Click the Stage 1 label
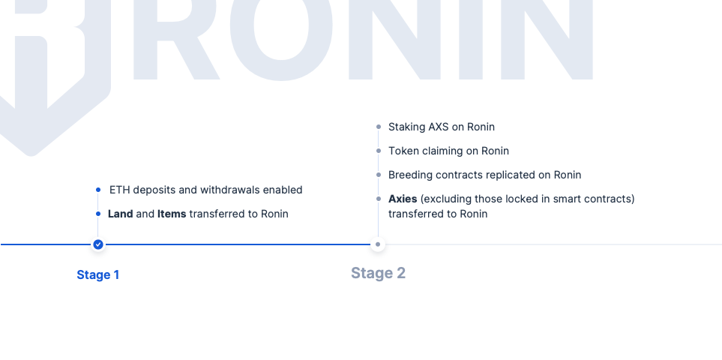pyautogui.click(x=97, y=274)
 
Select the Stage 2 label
pyautogui.click(x=378, y=273)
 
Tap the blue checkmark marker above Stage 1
pyautogui.click(x=98, y=244)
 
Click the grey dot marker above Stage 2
pyautogui.click(x=378, y=244)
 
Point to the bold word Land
pyautogui.click(x=120, y=214)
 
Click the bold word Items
pyautogui.click(x=172, y=214)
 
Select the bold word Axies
pyautogui.click(x=403, y=199)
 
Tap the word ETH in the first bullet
pyautogui.click(x=119, y=190)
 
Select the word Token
pyautogui.click(x=403, y=151)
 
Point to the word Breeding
pyautogui.click(x=410, y=175)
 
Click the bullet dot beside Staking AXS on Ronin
pyautogui.click(x=379, y=127)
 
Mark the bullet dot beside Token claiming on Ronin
pyautogui.click(x=379, y=151)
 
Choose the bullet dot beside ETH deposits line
pyautogui.click(x=98, y=190)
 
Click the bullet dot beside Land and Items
pyautogui.click(x=98, y=214)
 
